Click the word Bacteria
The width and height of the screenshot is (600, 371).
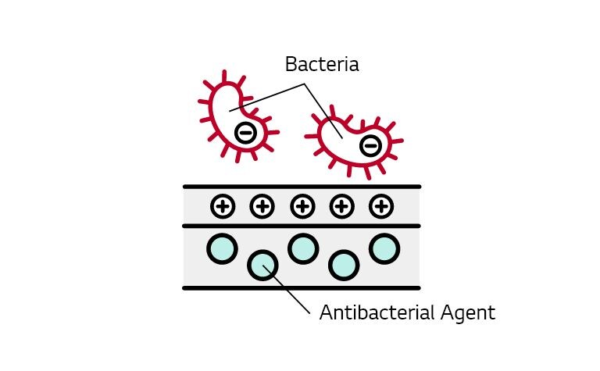click(322, 64)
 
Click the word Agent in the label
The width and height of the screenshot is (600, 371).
click(467, 314)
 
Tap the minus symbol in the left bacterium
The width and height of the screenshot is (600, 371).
click(245, 132)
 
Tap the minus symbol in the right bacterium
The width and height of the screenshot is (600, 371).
click(371, 145)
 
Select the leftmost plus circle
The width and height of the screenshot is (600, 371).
click(223, 206)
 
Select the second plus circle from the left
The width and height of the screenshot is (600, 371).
click(262, 206)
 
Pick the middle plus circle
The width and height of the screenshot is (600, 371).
click(302, 206)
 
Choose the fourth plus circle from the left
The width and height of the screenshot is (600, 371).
click(341, 206)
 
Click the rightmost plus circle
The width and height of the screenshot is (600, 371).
click(380, 206)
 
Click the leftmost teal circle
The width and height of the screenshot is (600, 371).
click(222, 248)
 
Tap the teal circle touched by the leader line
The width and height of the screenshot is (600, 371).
click(262, 265)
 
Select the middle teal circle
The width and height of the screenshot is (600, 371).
click(302, 248)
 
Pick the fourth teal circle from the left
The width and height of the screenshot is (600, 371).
click(343, 265)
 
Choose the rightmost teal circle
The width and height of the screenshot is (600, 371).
click(384, 248)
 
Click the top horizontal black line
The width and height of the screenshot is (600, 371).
click(302, 187)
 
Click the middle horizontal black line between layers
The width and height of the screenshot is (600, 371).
click(302, 226)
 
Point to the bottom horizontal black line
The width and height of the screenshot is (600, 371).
click(302, 287)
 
